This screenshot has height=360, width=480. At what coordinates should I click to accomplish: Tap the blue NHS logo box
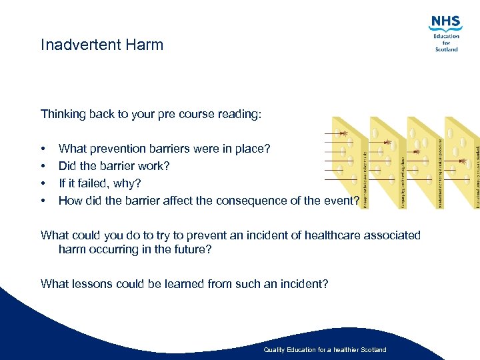pyautogui.click(x=445, y=23)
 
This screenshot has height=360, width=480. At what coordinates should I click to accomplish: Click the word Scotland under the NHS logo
pyautogui.click(x=446, y=49)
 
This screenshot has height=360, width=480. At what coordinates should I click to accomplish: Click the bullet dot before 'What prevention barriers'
pyautogui.click(x=43, y=149)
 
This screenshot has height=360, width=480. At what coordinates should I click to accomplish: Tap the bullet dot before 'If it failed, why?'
pyautogui.click(x=43, y=183)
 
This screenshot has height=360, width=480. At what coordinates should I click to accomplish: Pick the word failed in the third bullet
pyautogui.click(x=86, y=183)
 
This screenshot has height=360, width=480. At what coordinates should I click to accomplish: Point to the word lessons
pyautogui.click(x=91, y=284)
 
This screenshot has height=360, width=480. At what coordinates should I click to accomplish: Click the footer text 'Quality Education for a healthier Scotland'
pyautogui.click(x=325, y=350)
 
